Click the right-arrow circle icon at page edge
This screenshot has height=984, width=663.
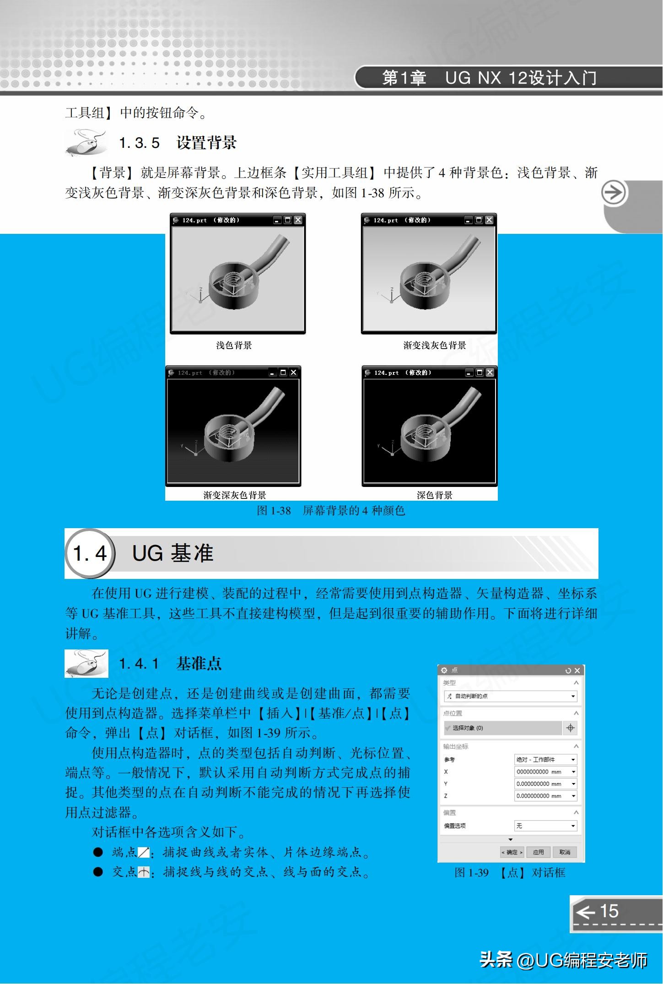[614, 193]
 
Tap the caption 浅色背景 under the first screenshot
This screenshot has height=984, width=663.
[234, 345]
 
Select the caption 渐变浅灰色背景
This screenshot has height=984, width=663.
[434, 345]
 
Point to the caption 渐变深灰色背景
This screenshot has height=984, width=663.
[235, 495]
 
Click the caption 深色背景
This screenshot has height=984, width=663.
[434, 495]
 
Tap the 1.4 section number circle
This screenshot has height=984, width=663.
[90, 553]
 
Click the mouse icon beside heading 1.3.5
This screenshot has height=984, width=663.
[86, 143]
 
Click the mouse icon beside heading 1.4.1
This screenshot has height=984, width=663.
[86, 663]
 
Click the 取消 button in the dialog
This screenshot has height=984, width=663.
[565, 852]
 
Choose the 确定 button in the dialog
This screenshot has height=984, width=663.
[512, 852]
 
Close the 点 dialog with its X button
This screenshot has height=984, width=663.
[577, 670]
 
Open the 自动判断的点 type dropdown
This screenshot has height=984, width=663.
[573, 696]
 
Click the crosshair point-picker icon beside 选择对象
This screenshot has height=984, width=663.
[570, 728]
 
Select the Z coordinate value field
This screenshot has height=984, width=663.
[542, 796]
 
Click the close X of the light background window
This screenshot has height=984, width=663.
[298, 220]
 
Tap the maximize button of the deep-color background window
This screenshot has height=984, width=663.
[479, 373]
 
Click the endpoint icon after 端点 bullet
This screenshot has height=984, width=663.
[144, 852]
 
